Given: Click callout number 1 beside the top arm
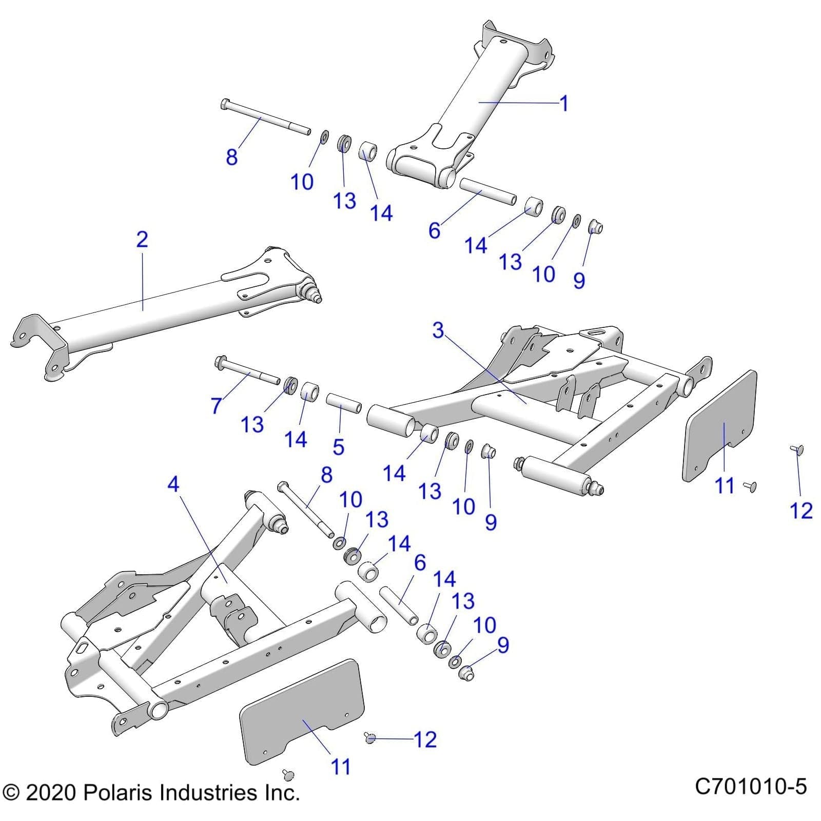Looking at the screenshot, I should coord(564,104).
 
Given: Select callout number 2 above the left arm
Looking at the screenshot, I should coord(142,240).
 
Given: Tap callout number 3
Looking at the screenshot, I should coord(438,330).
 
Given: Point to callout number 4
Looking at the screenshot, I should coord(173,483).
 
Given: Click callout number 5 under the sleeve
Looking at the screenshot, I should coord(338,446).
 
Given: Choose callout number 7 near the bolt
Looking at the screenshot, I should coord(217,406).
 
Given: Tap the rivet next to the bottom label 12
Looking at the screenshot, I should coord(370,738).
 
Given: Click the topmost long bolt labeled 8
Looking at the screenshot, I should coord(264,118).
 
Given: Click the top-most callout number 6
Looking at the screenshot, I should coord(434,231).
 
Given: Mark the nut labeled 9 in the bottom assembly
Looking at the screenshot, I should coord(466,673).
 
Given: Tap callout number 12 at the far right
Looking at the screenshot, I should coord(800,511).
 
